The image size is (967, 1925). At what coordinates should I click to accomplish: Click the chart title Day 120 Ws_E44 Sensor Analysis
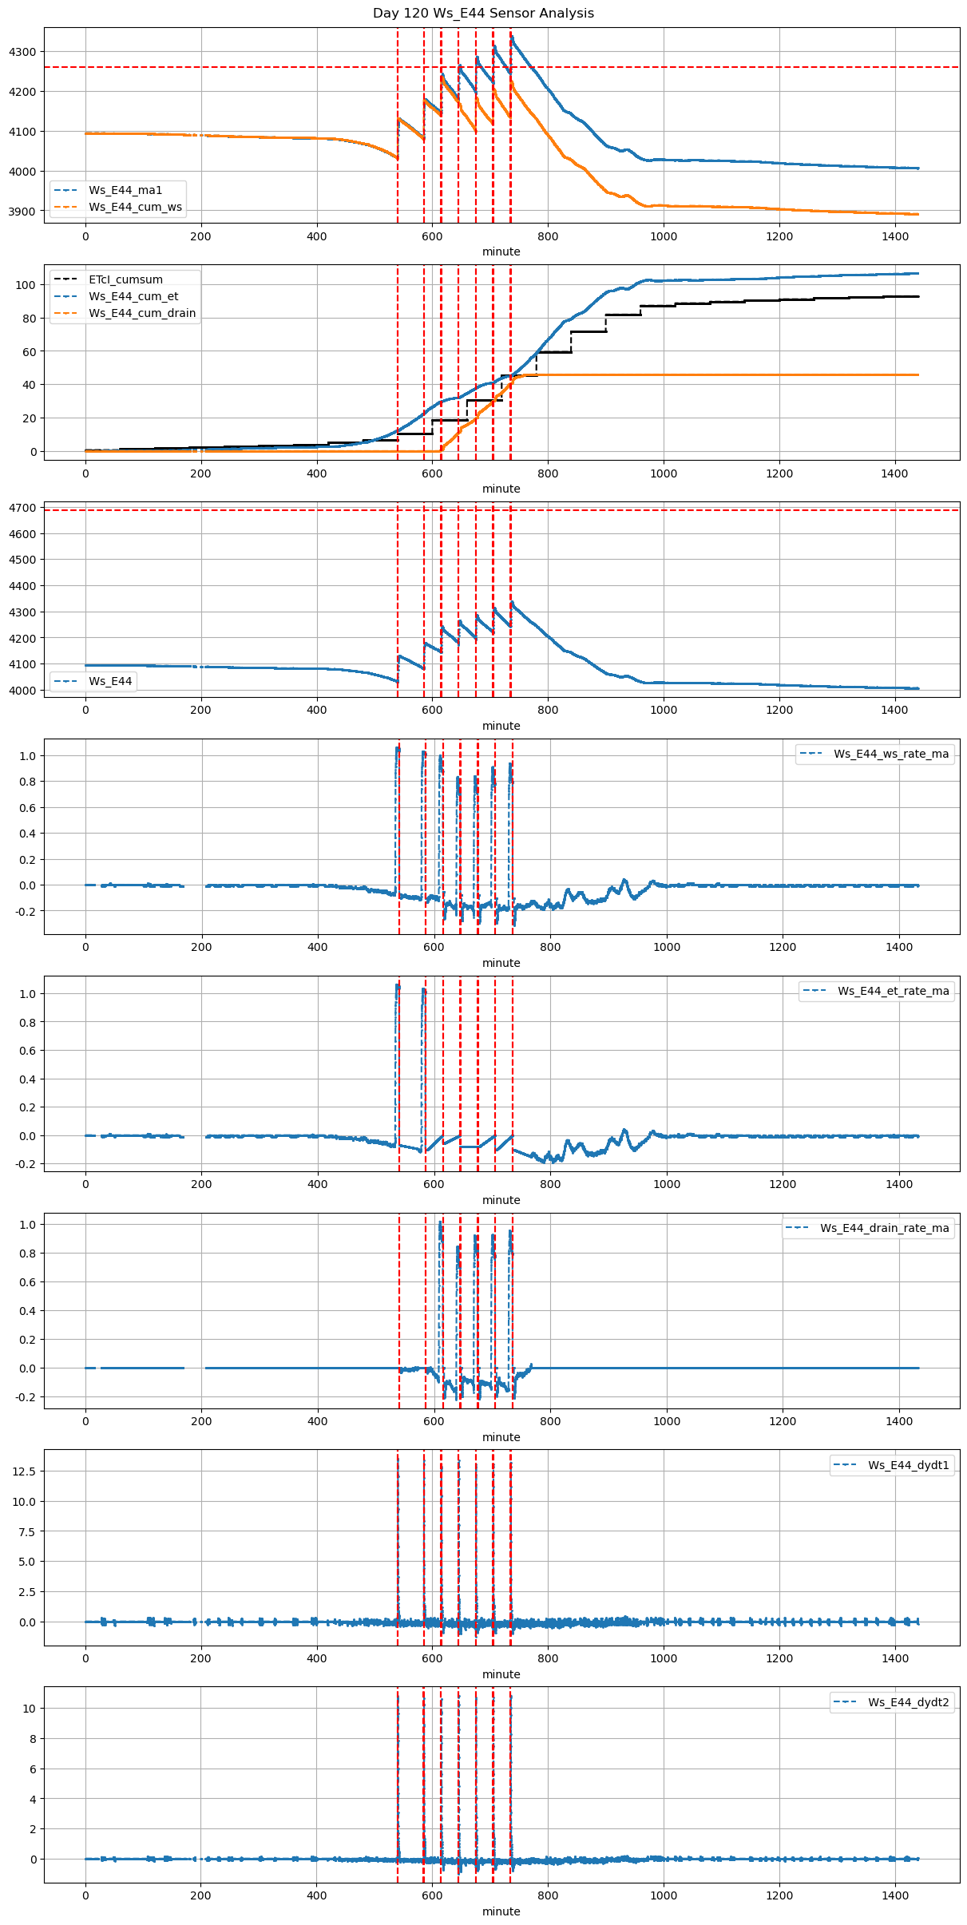click(483, 13)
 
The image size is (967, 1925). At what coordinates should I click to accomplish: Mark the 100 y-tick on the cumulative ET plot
click(27, 285)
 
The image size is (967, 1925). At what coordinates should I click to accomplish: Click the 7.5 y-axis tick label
click(26, 1531)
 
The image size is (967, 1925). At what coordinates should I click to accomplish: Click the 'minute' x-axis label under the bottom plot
click(501, 1911)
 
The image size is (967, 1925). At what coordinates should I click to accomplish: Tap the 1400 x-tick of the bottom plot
click(895, 1895)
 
